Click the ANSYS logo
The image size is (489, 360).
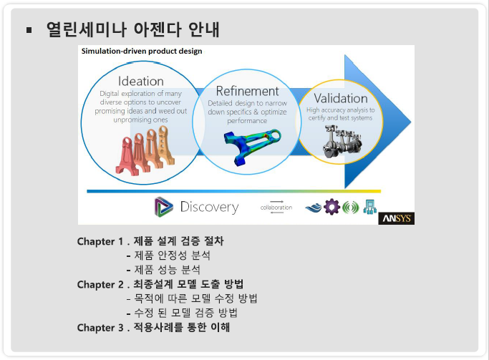tap(397, 218)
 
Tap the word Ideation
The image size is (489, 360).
tap(140, 82)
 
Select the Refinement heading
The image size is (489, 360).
tap(247, 92)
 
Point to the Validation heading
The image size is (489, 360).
tap(341, 99)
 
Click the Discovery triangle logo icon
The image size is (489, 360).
tap(163, 207)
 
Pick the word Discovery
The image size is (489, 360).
tap(209, 208)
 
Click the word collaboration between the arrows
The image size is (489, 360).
tap(276, 208)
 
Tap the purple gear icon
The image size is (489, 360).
tap(331, 206)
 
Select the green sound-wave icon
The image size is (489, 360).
tap(351, 208)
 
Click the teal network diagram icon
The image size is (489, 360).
tap(370, 207)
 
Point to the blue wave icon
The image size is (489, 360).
tap(314, 208)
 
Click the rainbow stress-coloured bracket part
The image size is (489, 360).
tap(253, 146)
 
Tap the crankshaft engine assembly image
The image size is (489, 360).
tap(342, 142)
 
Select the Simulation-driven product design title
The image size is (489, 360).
tap(142, 51)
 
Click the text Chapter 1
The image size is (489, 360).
tap(100, 242)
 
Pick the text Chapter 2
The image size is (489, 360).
tap(100, 285)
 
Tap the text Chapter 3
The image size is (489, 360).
tap(100, 328)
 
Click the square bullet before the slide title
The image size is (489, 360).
tap(29, 30)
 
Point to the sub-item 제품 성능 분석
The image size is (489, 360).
tap(167, 270)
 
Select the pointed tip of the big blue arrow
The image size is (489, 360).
tap(411, 122)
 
